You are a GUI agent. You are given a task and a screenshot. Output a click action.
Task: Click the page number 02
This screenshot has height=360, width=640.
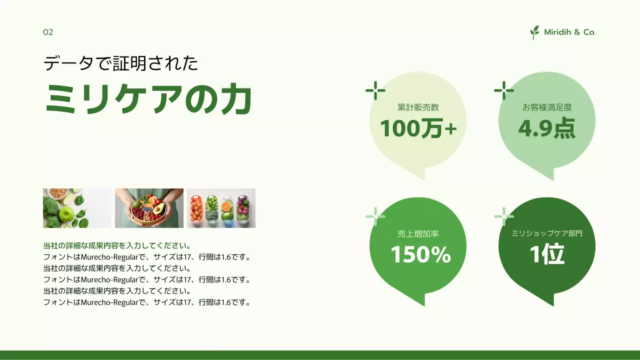48,32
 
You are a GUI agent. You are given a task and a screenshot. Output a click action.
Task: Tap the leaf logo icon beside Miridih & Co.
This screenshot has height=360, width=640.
535,32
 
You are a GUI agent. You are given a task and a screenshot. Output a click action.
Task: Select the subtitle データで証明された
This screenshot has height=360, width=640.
121,64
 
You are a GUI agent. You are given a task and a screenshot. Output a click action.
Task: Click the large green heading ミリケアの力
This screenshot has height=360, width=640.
148,99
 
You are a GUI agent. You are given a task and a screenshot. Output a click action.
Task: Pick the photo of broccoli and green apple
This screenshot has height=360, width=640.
77,208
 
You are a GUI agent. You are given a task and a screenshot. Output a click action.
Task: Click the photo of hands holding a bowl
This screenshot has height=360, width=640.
149,208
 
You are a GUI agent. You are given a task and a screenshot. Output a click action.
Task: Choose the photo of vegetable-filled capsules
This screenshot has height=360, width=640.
221,208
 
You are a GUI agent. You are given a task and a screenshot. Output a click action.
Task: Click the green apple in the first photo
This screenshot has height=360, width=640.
66,215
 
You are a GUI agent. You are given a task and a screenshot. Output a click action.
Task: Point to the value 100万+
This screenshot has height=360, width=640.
418,129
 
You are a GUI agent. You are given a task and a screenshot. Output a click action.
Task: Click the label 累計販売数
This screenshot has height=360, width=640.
418,107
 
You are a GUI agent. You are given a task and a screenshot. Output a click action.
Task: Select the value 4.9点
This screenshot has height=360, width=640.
546,128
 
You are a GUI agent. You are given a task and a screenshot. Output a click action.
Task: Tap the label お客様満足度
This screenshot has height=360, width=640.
546,107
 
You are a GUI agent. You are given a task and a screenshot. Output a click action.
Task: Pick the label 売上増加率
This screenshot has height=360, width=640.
418,233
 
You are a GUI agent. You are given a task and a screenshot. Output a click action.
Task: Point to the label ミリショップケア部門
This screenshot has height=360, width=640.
546,233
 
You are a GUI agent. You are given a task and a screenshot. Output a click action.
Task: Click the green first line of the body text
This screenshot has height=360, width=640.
117,246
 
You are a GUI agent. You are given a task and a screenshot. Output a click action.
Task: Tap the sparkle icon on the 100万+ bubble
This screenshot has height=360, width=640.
375,90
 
